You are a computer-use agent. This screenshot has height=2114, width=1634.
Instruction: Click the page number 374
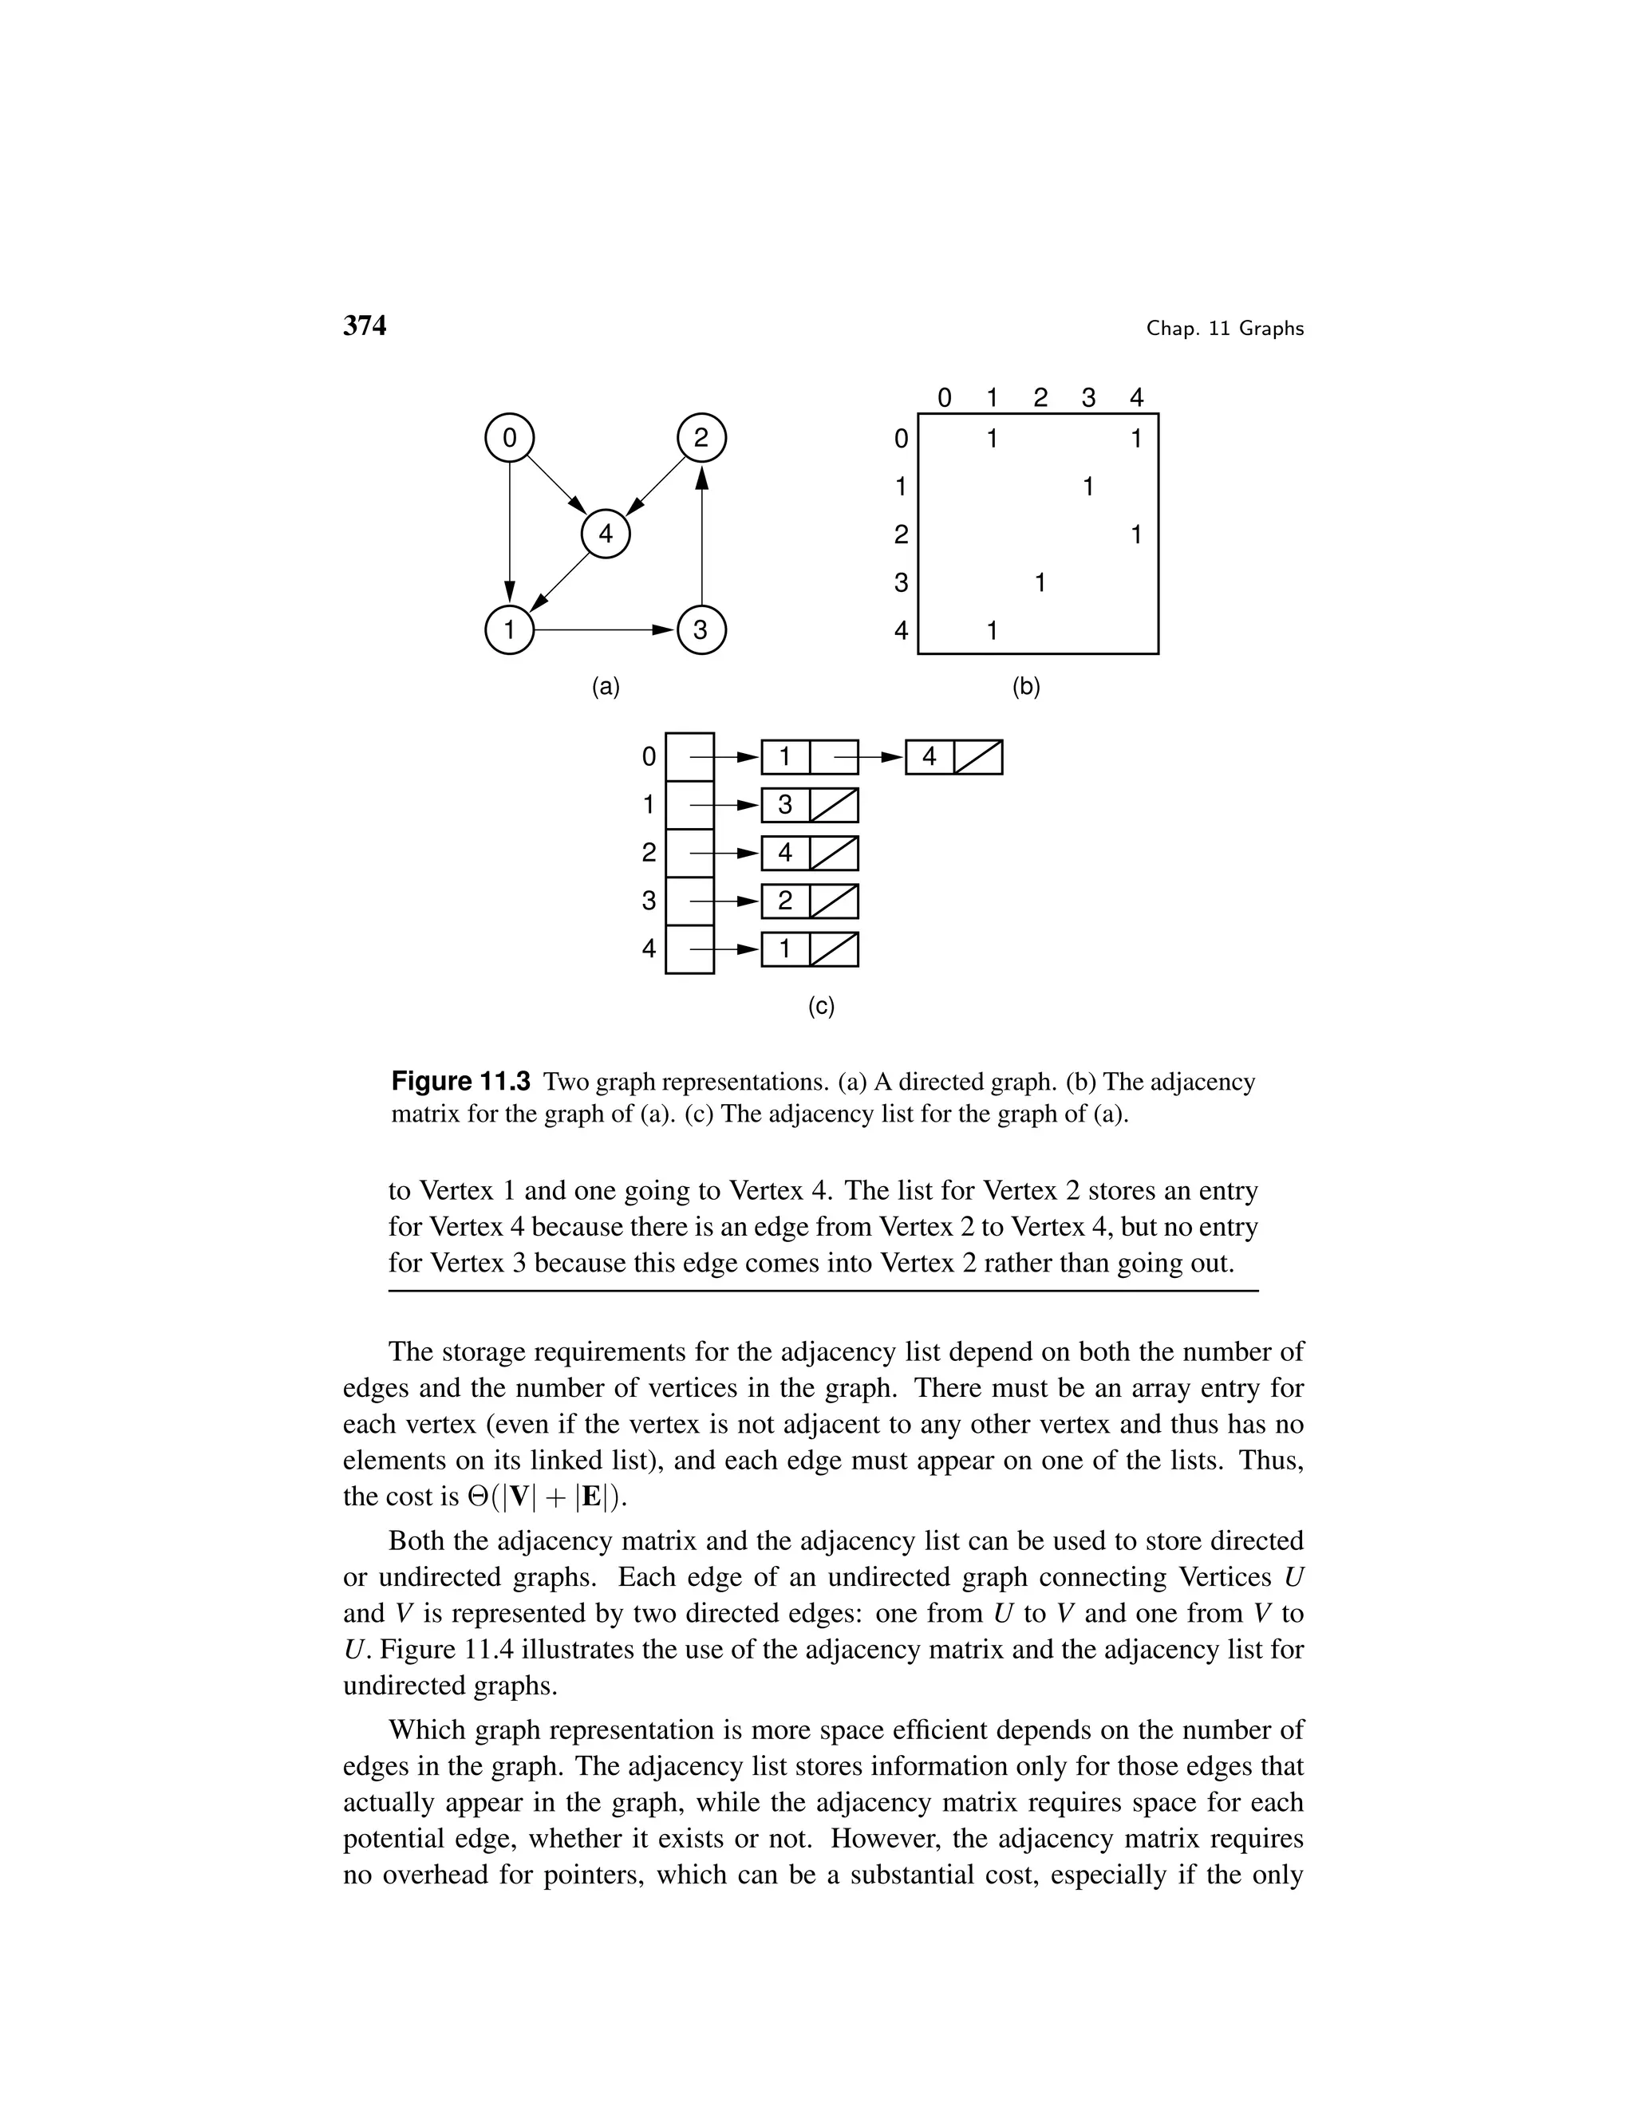(364, 326)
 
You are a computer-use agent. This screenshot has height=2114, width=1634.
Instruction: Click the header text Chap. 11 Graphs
(1225, 329)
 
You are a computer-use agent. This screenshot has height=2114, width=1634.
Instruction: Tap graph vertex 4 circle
(605, 534)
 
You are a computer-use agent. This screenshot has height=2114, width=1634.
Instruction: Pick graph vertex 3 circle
(701, 630)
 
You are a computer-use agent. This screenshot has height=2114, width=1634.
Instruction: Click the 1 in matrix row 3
(1040, 582)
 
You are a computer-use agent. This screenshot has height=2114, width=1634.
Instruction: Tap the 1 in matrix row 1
(1088, 486)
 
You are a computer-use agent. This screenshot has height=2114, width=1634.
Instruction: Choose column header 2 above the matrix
(1040, 398)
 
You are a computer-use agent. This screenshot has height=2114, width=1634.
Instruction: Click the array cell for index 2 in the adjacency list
(689, 853)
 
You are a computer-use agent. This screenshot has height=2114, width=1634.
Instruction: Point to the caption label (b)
(1025, 687)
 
